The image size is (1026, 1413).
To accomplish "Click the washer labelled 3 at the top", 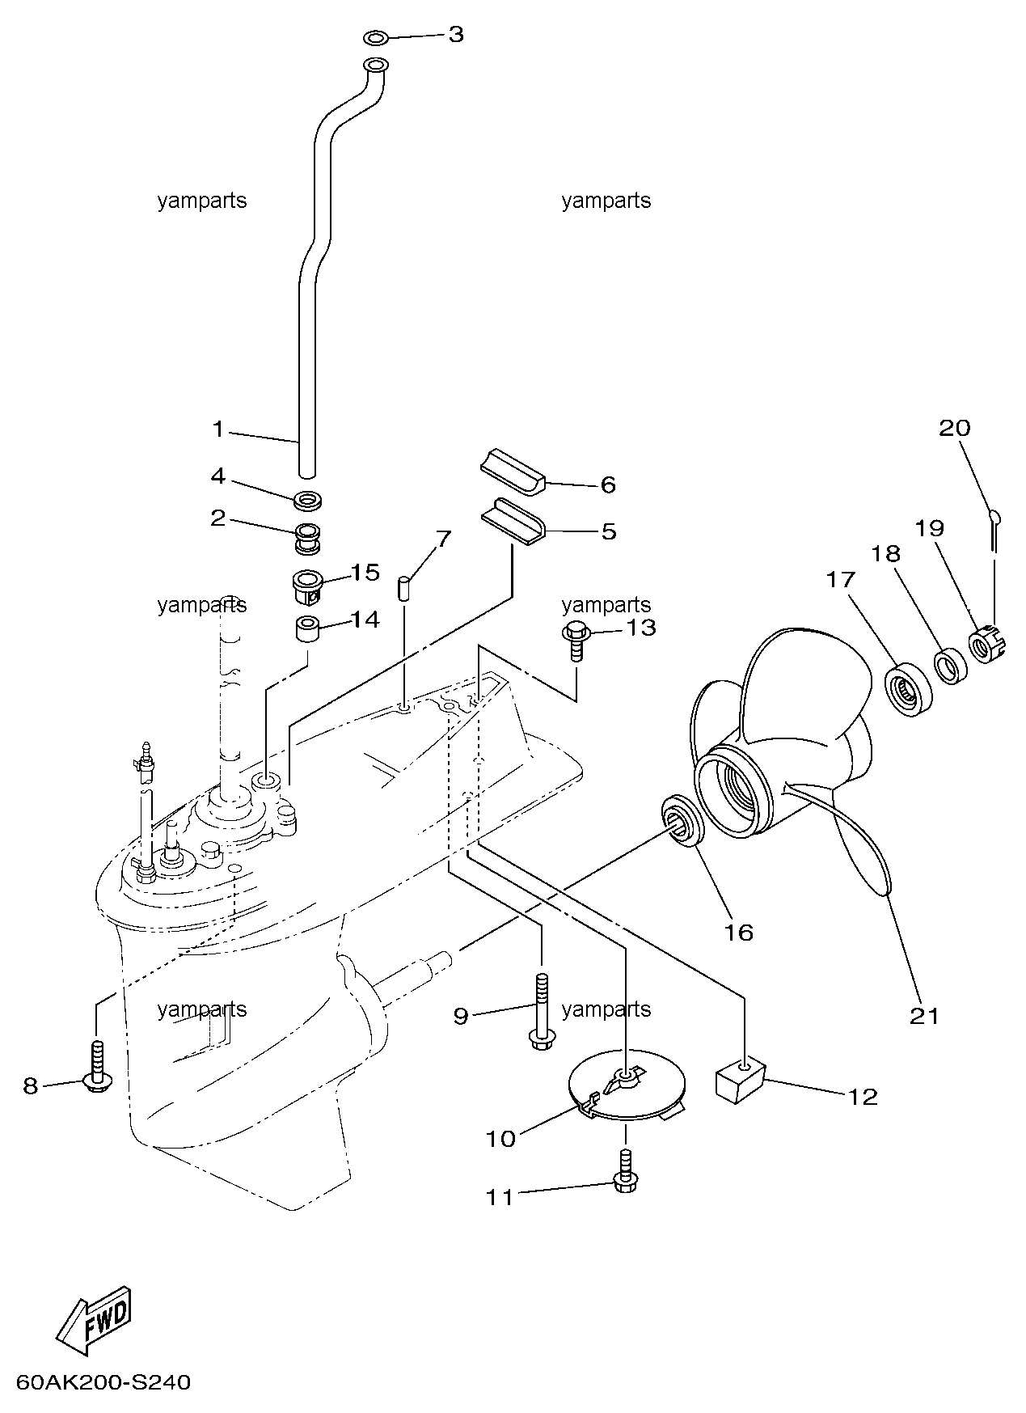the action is pos(374,37).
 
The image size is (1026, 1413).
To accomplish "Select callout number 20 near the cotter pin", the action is pos(954,427).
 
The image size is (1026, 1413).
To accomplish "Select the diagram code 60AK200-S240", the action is pos(103,1382).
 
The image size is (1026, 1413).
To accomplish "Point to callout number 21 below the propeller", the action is pos(925,1016).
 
